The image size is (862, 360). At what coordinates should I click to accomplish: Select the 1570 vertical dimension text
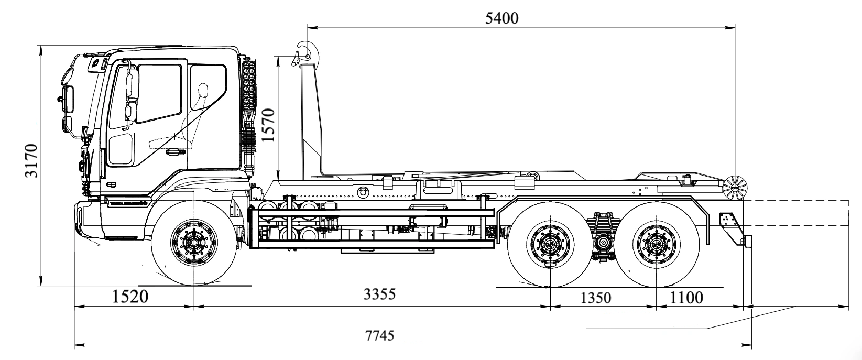click(x=268, y=126)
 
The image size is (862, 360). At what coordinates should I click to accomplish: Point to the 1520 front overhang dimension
click(x=130, y=297)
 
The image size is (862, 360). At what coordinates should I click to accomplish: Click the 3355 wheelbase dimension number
click(x=379, y=294)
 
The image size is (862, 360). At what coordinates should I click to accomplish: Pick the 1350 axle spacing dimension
click(x=596, y=298)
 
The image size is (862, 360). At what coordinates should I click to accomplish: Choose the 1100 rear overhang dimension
click(x=686, y=297)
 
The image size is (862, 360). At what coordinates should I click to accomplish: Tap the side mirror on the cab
click(x=132, y=86)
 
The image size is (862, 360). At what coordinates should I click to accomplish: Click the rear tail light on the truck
click(x=748, y=241)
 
